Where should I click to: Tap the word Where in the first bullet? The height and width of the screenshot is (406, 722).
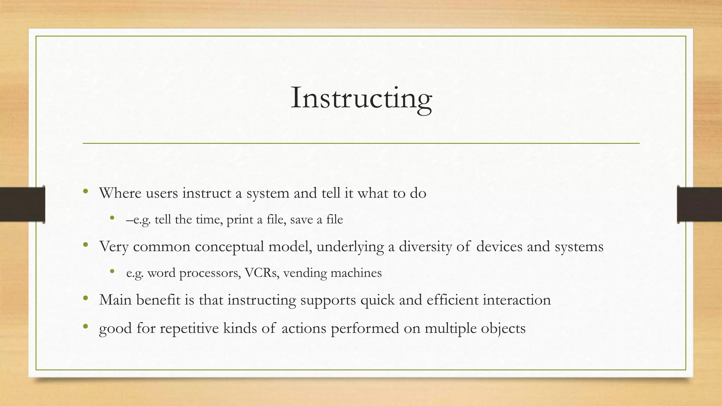(120, 193)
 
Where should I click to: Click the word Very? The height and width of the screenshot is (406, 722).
(114, 247)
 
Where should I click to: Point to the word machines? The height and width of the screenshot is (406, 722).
(356, 273)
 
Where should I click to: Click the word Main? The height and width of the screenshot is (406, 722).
(115, 300)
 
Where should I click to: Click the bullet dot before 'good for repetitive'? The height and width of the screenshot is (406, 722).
(85, 327)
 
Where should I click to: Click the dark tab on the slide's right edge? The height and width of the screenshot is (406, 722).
(699, 204)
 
